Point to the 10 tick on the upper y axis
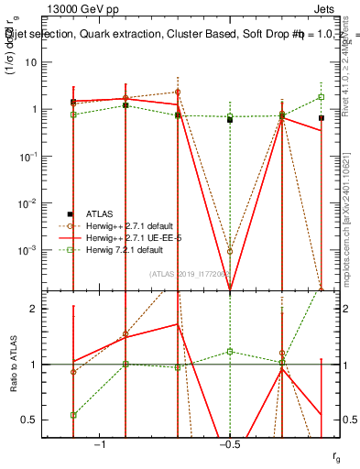[41, 62]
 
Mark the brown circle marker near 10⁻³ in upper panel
[230, 251]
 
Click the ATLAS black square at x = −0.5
[230, 120]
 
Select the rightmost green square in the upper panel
[322, 97]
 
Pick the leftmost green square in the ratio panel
[73, 415]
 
